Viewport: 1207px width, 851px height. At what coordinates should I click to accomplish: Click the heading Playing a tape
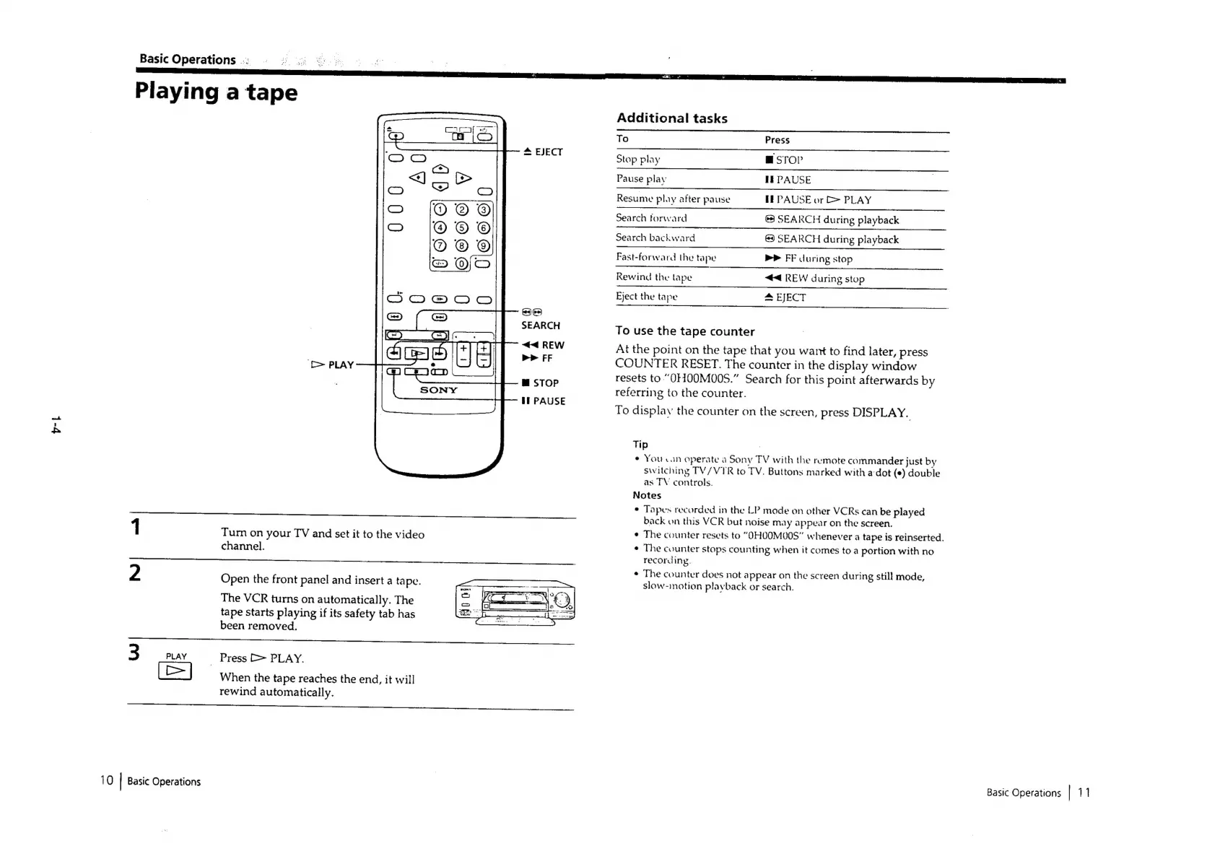pyautogui.click(x=216, y=92)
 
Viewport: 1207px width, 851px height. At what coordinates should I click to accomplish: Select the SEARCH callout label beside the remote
pyautogui.click(x=541, y=326)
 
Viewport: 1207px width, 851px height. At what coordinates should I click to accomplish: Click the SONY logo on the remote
pyautogui.click(x=439, y=390)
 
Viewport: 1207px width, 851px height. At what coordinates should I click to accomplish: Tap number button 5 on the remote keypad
pyautogui.click(x=462, y=228)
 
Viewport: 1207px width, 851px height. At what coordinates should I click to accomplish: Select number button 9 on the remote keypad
pyautogui.click(x=484, y=246)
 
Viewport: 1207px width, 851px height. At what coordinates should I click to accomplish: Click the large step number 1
pyautogui.click(x=135, y=527)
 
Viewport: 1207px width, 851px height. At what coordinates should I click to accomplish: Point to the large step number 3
pyautogui.click(x=134, y=653)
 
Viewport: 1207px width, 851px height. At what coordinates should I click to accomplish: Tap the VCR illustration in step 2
pyautogui.click(x=515, y=603)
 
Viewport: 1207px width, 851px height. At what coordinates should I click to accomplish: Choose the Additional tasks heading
pyautogui.click(x=672, y=118)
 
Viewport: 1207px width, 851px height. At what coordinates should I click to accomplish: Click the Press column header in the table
pyautogui.click(x=777, y=140)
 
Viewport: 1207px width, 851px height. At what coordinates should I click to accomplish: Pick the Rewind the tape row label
pyautogui.click(x=654, y=277)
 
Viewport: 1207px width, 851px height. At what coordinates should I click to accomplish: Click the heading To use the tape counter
pyautogui.click(x=685, y=331)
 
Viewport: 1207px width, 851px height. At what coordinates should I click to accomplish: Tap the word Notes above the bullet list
pyautogui.click(x=647, y=495)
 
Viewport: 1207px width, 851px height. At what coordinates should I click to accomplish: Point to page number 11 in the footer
pyautogui.click(x=1084, y=793)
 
